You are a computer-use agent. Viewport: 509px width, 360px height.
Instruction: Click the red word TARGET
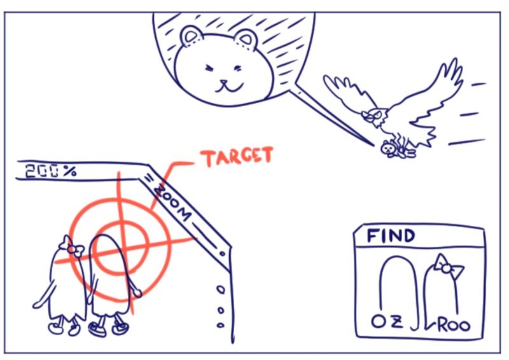pyautogui.click(x=237, y=156)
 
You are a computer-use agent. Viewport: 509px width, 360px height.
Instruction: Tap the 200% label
pyautogui.click(x=51, y=171)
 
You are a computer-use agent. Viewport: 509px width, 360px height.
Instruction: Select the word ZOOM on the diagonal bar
pyautogui.click(x=172, y=202)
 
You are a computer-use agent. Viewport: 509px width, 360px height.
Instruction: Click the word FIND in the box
pyautogui.click(x=391, y=236)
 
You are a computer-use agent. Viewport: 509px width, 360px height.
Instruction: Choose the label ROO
pyautogui.click(x=454, y=324)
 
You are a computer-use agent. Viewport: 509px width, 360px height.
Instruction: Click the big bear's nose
pyautogui.click(x=224, y=82)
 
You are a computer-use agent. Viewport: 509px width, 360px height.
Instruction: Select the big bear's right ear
pyautogui.click(x=246, y=39)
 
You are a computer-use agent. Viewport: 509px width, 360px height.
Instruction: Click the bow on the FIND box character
pyautogui.click(x=447, y=268)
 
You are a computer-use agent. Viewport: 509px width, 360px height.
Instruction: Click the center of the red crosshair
pyautogui.click(x=121, y=248)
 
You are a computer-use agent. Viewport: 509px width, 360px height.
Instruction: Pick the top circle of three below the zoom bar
pyautogui.click(x=221, y=289)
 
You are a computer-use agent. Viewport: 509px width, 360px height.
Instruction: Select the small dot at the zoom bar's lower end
pyautogui.click(x=222, y=253)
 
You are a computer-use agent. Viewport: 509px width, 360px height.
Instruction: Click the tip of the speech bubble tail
pyautogui.click(x=373, y=146)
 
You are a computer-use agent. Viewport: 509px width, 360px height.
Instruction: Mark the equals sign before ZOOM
pyautogui.click(x=148, y=178)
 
